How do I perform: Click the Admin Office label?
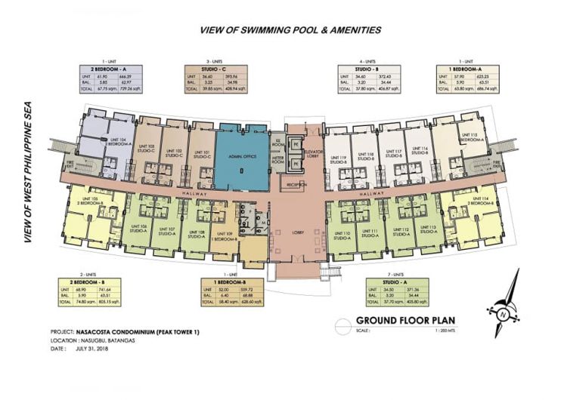pyautogui.click(x=241, y=157)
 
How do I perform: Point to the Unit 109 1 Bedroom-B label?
pyautogui.click(x=223, y=236)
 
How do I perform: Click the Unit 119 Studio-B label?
pyautogui.click(x=337, y=160)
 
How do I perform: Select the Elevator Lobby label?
pyautogui.click(x=314, y=155)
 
